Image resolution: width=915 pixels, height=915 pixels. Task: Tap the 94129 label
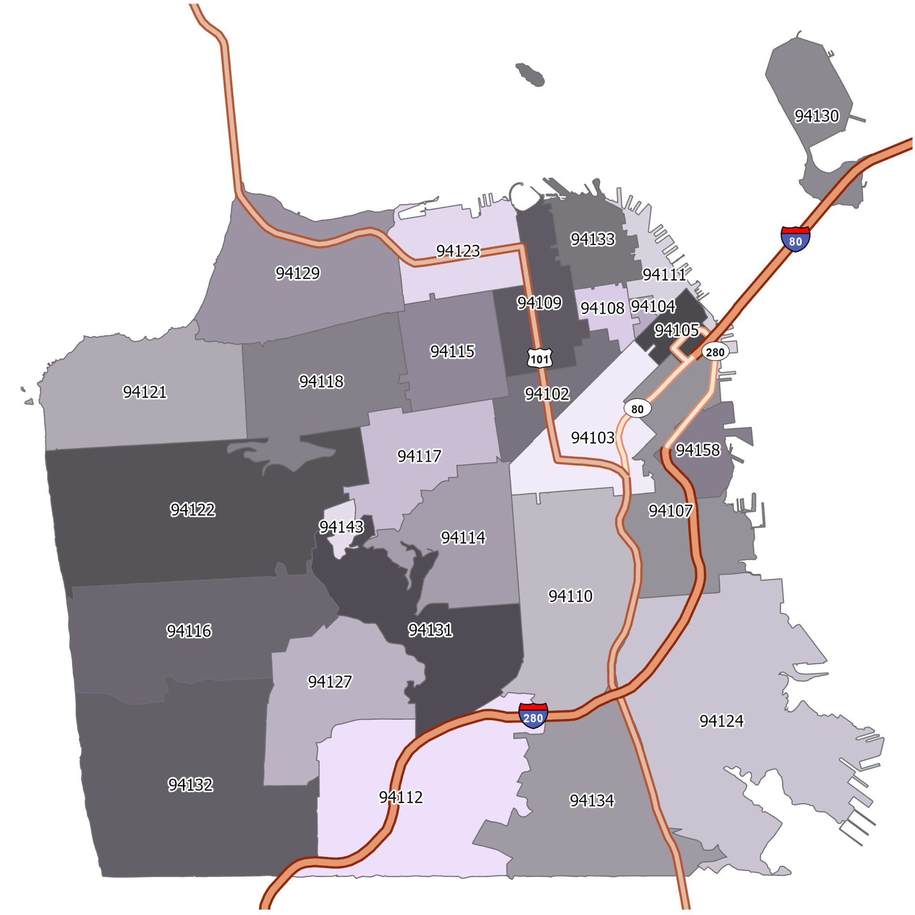(x=298, y=273)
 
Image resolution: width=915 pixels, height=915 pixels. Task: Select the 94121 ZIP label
(x=144, y=392)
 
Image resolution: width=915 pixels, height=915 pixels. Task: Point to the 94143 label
(x=341, y=527)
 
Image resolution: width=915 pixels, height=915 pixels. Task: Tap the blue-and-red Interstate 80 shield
(x=795, y=239)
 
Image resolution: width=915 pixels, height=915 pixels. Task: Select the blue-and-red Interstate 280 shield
(x=533, y=717)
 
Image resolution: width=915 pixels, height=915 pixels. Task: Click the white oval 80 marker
(x=638, y=409)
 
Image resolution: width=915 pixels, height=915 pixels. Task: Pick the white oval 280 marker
(x=715, y=353)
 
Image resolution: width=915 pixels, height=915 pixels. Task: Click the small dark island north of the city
(x=530, y=75)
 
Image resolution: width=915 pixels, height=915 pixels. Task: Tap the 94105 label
(x=676, y=330)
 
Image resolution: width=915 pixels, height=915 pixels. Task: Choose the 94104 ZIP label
(x=653, y=306)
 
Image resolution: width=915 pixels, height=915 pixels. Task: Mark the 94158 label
(x=697, y=450)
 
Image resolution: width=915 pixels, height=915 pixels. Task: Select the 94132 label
(x=190, y=785)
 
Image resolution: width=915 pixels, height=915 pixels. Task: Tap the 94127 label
(x=330, y=681)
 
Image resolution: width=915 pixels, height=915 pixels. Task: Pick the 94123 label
(x=457, y=251)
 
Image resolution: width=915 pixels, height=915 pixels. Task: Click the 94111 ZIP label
(x=664, y=274)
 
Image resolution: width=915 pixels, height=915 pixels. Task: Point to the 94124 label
(x=721, y=721)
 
